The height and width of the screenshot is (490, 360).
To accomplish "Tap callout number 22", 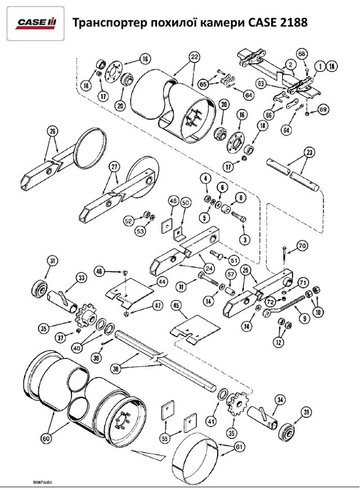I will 194,57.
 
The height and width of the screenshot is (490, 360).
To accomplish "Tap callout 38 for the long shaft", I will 116,369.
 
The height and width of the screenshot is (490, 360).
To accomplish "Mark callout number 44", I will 161,281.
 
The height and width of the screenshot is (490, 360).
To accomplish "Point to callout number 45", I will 177,306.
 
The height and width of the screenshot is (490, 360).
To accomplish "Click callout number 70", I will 302,246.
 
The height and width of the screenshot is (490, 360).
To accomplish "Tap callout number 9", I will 305,318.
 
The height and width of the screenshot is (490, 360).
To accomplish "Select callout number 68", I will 302,54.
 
